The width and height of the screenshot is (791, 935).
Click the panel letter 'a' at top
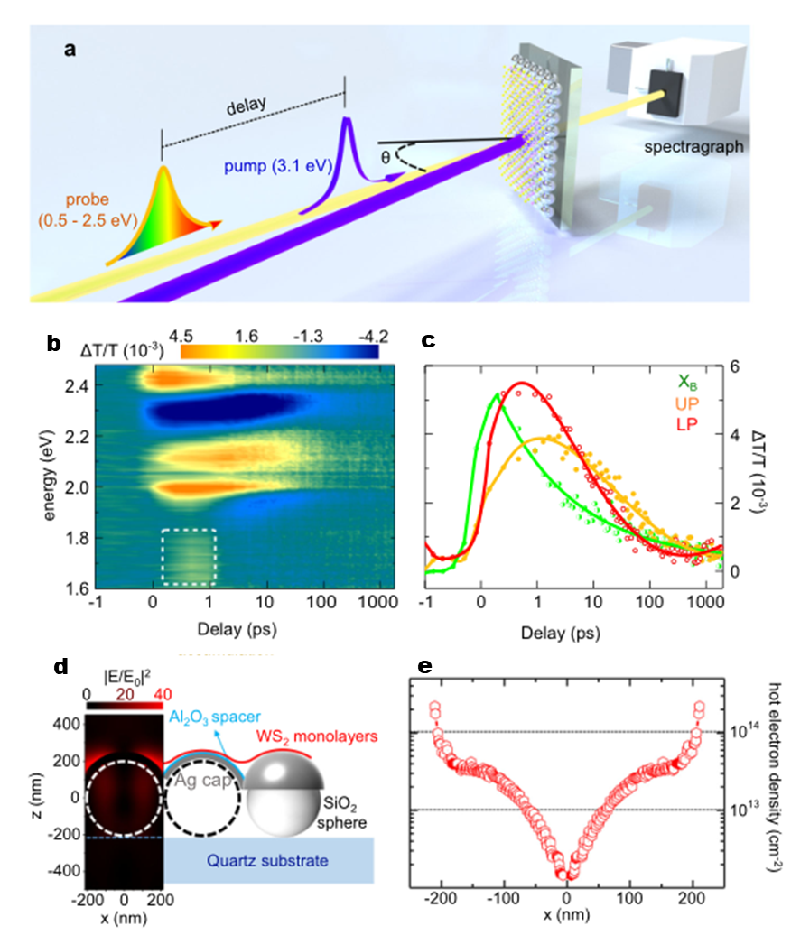coord(70,51)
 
